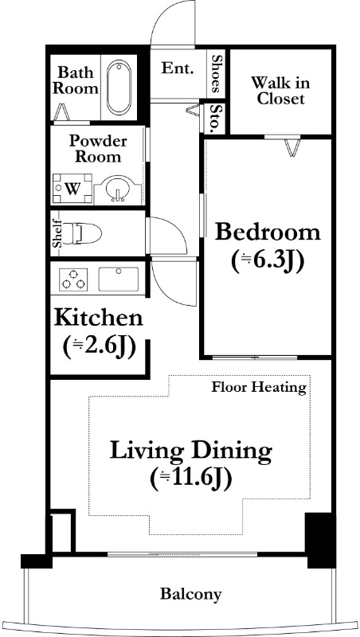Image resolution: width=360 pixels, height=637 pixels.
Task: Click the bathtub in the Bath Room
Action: point(119,88)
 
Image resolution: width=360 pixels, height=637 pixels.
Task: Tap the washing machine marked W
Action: point(72,189)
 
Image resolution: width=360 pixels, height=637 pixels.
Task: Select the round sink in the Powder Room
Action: point(118,189)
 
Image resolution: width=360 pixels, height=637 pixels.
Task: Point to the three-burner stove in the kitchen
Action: point(73,279)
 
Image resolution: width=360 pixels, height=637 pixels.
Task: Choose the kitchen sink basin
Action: point(118,279)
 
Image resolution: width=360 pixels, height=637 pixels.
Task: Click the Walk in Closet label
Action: point(280,91)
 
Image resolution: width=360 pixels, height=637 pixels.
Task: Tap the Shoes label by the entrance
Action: point(216,73)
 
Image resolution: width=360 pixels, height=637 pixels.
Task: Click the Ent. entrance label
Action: point(177,68)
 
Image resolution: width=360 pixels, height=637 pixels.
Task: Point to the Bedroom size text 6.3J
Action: point(268,260)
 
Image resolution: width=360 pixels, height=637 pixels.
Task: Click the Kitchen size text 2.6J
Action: point(99,347)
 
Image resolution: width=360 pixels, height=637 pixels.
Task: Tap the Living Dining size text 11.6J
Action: point(191,479)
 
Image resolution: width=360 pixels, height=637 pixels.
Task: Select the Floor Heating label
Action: point(259,388)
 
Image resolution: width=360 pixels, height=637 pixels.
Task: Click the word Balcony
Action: point(191,594)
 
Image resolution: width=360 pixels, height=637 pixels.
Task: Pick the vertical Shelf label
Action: point(57,233)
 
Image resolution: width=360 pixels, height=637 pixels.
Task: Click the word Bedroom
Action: point(268,233)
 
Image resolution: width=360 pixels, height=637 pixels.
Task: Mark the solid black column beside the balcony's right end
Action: point(320,541)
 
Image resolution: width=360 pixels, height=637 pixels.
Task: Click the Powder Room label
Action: point(98,149)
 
